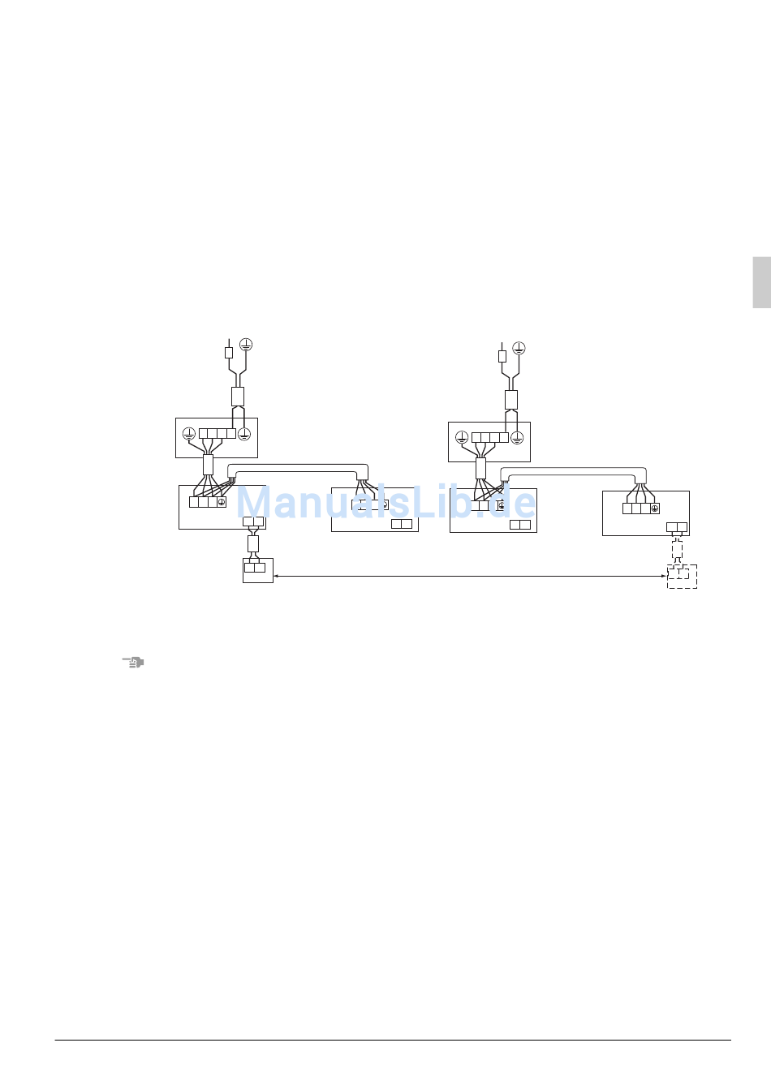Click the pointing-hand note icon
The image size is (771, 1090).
coord(132,663)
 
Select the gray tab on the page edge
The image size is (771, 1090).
coord(762,282)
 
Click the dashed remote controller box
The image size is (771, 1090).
coord(682,577)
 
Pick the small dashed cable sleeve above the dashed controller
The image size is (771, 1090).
coord(677,551)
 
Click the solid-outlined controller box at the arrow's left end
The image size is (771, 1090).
coord(258,570)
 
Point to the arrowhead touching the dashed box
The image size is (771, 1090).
coord(664,576)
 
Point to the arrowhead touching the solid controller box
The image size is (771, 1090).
coord(276,576)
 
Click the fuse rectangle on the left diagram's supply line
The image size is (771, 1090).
coord(229,353)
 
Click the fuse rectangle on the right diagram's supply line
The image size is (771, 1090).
coord(502,357)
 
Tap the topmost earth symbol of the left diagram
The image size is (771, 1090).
coord(246,345)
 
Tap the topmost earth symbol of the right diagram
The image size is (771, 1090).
coord(519,348)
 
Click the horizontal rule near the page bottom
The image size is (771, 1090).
coord(393,1041)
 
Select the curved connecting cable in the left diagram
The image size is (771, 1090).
coord(298,468)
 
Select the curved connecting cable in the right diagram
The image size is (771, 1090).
coord(573,471)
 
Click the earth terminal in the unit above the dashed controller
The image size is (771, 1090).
coord(655,509)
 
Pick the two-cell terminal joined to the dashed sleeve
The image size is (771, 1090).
coord(677,527)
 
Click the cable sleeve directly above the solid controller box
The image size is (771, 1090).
coord(253,543)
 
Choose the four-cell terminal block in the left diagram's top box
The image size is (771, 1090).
coord(218,434)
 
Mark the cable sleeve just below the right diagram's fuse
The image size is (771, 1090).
coord(511,400)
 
